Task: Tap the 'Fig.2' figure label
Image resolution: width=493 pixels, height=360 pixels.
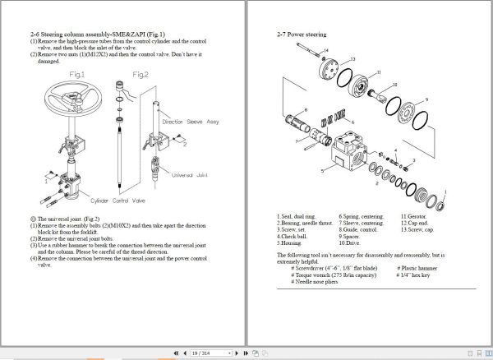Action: tap(141, 75)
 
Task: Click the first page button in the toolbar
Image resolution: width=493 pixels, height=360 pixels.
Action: tap(175, 353)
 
